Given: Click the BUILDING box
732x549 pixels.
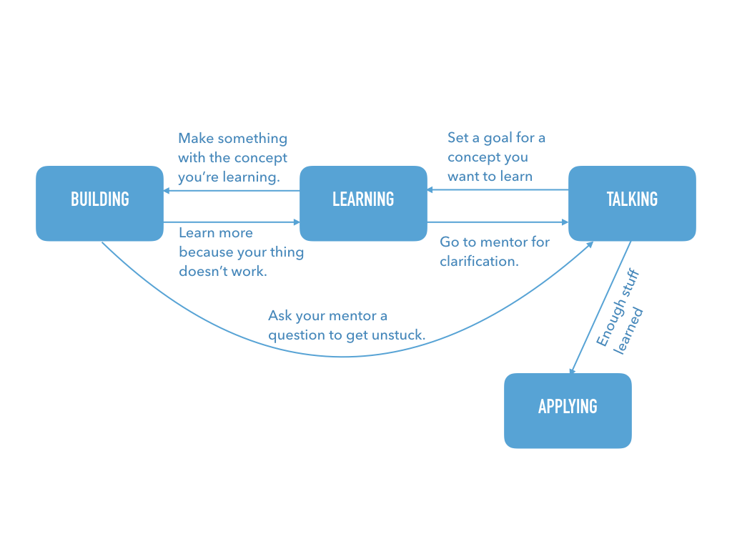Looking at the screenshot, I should point(99,203).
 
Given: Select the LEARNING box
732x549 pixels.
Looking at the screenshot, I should point(363,203).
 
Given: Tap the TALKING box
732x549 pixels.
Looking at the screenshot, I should point(632,203).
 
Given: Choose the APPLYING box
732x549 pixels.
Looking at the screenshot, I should point(568,410).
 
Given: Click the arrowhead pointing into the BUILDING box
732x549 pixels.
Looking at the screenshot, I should point(167,191).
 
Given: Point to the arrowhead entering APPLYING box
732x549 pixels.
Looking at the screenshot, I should point(573,370).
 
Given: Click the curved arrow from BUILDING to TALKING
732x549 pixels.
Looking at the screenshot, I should point(343,355).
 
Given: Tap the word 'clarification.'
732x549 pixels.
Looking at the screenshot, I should point(479,261).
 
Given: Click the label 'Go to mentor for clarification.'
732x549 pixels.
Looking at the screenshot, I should point(495,252).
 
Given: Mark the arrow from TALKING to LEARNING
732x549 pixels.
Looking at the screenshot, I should point(500,190).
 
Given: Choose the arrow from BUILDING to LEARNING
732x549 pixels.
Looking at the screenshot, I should point(229,222).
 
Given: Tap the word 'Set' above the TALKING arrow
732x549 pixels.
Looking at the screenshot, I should point(459,137).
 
